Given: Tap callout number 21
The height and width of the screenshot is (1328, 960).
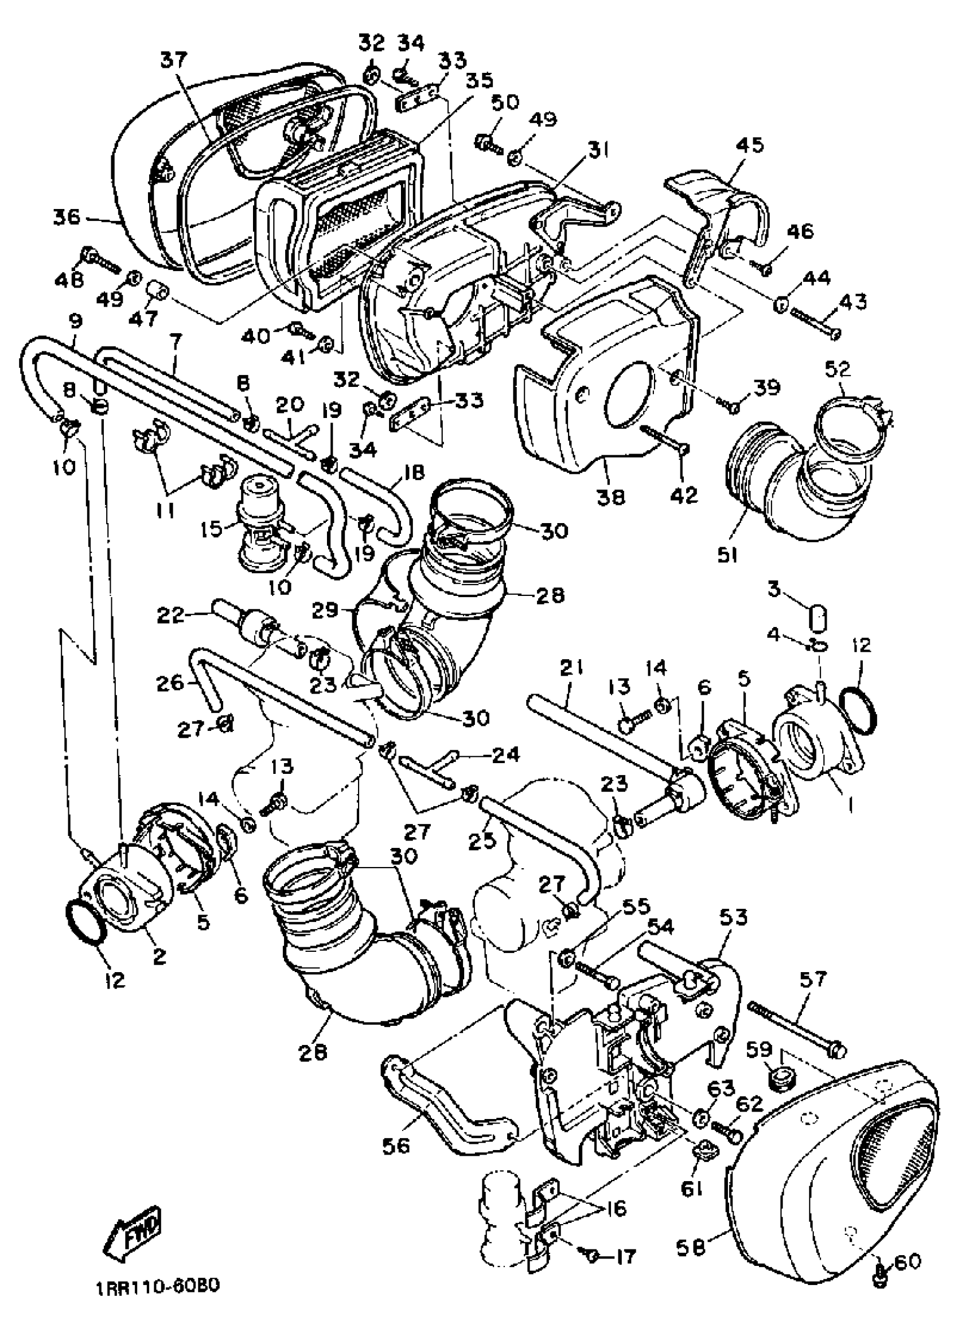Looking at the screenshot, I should click(x=570, y=668).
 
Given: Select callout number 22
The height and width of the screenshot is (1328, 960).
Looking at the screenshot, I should click(x=170, y=615).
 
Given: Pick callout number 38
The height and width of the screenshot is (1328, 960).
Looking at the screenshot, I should click(x=610, y=497).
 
